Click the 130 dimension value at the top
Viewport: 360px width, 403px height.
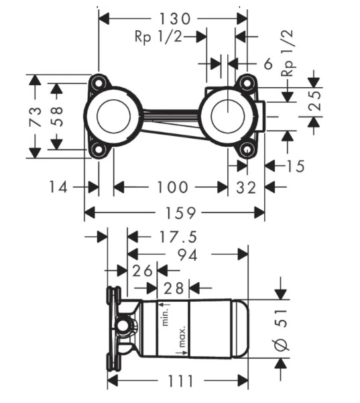click(174, 19)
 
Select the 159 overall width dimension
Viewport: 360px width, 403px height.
click(180, 213)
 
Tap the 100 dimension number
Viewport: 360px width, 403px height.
click(172, 187)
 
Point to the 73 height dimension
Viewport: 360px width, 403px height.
click(36, 117)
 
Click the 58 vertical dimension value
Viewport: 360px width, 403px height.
click(57, 117)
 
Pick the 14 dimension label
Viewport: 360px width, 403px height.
click(58, 187)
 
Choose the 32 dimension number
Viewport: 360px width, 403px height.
click(246, 188)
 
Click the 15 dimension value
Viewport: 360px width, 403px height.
click(295, 166)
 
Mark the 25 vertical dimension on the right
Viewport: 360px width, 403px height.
click(315, 101)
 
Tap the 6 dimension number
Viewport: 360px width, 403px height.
click(268, 64)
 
